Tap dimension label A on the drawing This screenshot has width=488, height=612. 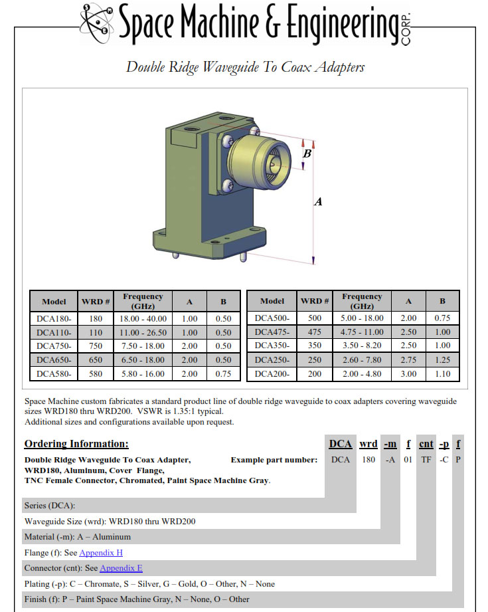tap(318, 201)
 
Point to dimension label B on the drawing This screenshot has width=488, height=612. tap(307, 153)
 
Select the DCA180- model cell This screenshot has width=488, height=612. tap(54, 318)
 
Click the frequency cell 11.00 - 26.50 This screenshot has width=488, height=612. tap(143, 332)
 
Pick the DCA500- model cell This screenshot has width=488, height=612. tap(272, 318)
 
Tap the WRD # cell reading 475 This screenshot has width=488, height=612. tap(315, 332)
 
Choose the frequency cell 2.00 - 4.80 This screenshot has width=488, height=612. tap(362, 373)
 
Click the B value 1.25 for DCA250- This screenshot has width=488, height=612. tap(442, 359)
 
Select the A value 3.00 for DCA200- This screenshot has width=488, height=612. tap(408, 373)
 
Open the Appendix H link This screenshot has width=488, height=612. tap(101, 553)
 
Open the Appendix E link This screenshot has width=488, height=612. tap(122, 568)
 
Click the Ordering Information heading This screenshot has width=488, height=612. tap(76, 444)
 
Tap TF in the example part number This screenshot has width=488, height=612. tap(426, 460)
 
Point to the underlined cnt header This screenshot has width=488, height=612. tap(426, 444)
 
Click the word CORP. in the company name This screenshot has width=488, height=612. tap(406, 29)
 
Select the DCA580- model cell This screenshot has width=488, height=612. tap(54, 373)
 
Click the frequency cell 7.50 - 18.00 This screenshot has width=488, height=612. tap(143, 346)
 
